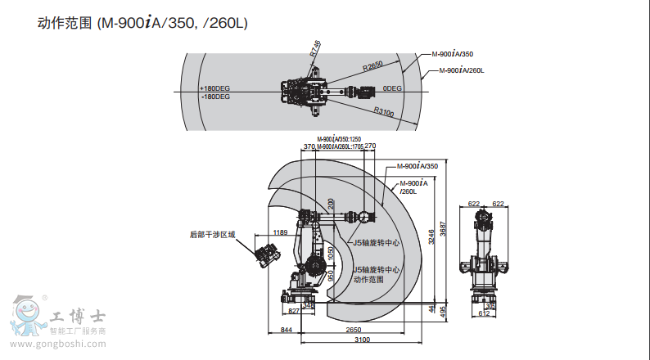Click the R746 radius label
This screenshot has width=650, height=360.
[x=314, y=49]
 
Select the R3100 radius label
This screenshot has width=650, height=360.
[x=383, y=111]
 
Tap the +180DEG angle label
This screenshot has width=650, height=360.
[x=215, y=88]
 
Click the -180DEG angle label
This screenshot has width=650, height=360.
[x=215, y=96]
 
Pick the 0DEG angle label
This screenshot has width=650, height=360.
[x=392, y=88]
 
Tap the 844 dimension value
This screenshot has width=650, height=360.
[x=286, y=329]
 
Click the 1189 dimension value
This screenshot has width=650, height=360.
[x=281, y=232]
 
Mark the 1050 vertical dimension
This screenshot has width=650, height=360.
[x=331, y=254]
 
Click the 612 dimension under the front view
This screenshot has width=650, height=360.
[x=485, y=313]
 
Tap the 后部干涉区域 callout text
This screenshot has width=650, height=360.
[x=212, y=234]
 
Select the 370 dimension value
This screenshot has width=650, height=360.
[x=309, y=146]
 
